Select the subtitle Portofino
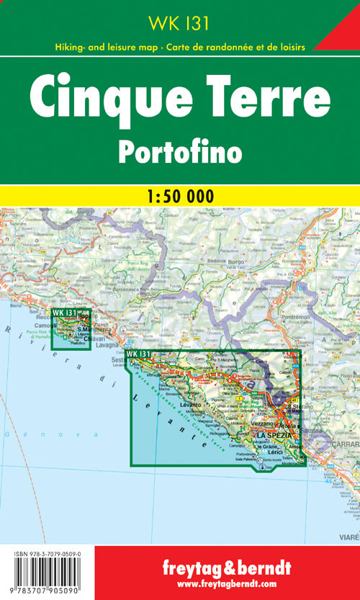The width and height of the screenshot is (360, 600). click(x=179, y=150)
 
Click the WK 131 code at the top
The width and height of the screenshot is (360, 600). click(x=179, y=23)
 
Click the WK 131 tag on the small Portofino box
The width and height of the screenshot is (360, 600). click(x=63, y=313)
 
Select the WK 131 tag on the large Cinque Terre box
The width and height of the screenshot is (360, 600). click(x=138, y=354)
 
